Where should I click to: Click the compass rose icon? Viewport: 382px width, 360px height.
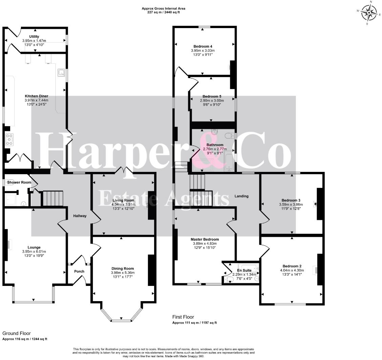pos(369,13)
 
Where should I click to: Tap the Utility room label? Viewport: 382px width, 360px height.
pos(34,37)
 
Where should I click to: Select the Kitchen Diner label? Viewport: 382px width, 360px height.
pos(37,96)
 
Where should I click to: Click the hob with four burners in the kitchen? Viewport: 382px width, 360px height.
pos(9,139)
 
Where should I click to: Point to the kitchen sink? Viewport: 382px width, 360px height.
pos(62,72)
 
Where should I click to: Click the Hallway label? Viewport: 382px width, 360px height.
pos(80,216)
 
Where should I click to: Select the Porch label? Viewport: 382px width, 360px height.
pos(79,271)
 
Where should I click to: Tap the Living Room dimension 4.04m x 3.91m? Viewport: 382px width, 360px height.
pos(123,204)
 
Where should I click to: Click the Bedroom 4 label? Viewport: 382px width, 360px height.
pos(203,46)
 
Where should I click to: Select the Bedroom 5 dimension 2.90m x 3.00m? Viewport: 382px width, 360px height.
pos(212,100)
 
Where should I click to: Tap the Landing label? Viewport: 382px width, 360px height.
pos(241,196)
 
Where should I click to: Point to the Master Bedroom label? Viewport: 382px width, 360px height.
pos(205,239)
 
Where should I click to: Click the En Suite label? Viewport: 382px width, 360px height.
pos(244,270)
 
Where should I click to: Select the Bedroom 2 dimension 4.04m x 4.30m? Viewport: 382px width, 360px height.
pos(292,270)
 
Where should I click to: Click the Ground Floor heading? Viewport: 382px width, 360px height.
pos(16,333)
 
